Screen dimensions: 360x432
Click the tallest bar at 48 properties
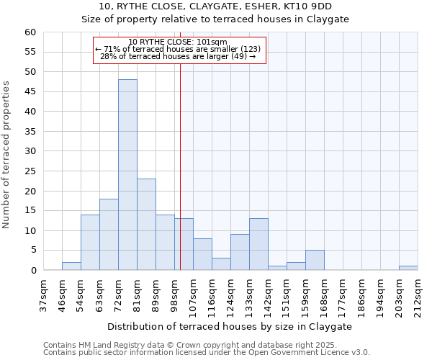click(x=127, y=175)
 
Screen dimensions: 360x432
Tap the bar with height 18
click(x=109, y=235)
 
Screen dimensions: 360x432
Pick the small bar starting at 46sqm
click(x=71, y=266)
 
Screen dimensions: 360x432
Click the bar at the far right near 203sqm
click(x=408, y=268)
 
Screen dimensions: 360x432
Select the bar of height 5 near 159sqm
click(x=315, y=261)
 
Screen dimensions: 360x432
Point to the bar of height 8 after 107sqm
click(x=202, y=254)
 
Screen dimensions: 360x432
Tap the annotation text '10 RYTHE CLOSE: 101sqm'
click(x=178, y=42)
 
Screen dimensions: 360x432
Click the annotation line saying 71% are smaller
click(x=178, y=49)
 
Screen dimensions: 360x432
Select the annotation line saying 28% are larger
click(x=178, y=56)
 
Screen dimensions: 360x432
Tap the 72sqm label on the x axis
click(x=118, y=295)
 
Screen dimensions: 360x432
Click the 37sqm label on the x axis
click(x=43, y=295)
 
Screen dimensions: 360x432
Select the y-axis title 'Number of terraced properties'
click(x=7, y=154)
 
